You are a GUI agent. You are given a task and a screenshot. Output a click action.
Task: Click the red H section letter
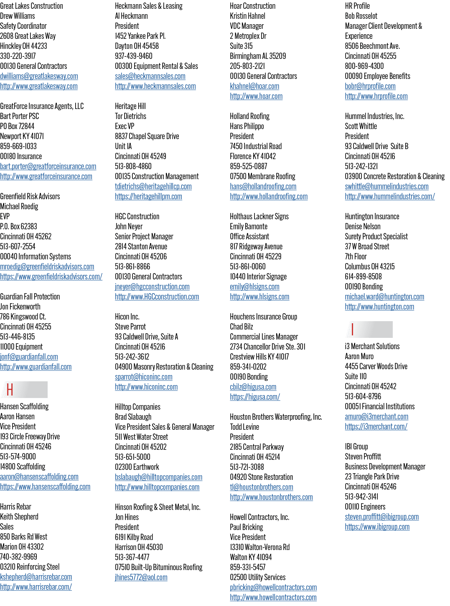tap(10, 389)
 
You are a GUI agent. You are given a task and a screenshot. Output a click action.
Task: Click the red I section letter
tap(352, 329)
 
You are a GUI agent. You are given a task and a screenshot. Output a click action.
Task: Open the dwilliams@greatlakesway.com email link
tap(39, 76)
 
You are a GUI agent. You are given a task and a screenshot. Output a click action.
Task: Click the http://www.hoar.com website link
tap(256, 96)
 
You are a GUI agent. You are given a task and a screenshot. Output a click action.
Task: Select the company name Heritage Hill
tap(130, 106)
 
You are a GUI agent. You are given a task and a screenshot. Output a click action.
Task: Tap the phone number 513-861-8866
tap(132, 266)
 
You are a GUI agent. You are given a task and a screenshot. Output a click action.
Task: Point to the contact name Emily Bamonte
tap(249, 226)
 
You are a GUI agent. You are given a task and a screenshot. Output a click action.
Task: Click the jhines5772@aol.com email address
tap(141, 577)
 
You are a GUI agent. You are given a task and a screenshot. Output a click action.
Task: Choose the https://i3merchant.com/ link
tap(376, 426)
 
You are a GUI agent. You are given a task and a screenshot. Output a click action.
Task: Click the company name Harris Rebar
tap(15, 507)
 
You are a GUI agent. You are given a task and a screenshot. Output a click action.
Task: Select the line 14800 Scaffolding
tap(23, 467)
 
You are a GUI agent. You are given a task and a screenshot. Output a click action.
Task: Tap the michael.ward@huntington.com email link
tap(384, 297)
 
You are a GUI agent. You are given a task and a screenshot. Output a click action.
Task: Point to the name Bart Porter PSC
tap(19, 116)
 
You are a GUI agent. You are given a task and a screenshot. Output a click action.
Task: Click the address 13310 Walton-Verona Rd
tap(260, 547)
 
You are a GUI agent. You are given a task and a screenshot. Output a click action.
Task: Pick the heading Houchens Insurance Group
tap(263, 317)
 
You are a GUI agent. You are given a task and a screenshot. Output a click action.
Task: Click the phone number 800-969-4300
tap(364, 66)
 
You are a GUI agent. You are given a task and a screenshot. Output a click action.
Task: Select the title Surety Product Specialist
tap(376, 236)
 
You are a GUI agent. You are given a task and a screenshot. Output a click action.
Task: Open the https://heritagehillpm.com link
tap(148, 196)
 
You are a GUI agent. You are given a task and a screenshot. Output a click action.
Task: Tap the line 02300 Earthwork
tap(137, 467)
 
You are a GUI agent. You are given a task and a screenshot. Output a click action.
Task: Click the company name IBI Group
tap(356, 446)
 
